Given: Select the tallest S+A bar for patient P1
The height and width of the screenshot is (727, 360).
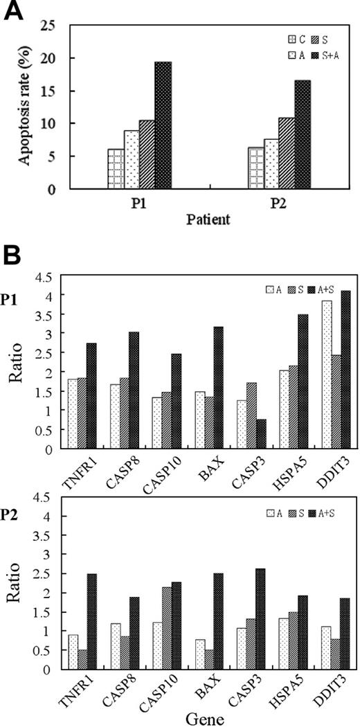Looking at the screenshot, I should pos(163,125).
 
